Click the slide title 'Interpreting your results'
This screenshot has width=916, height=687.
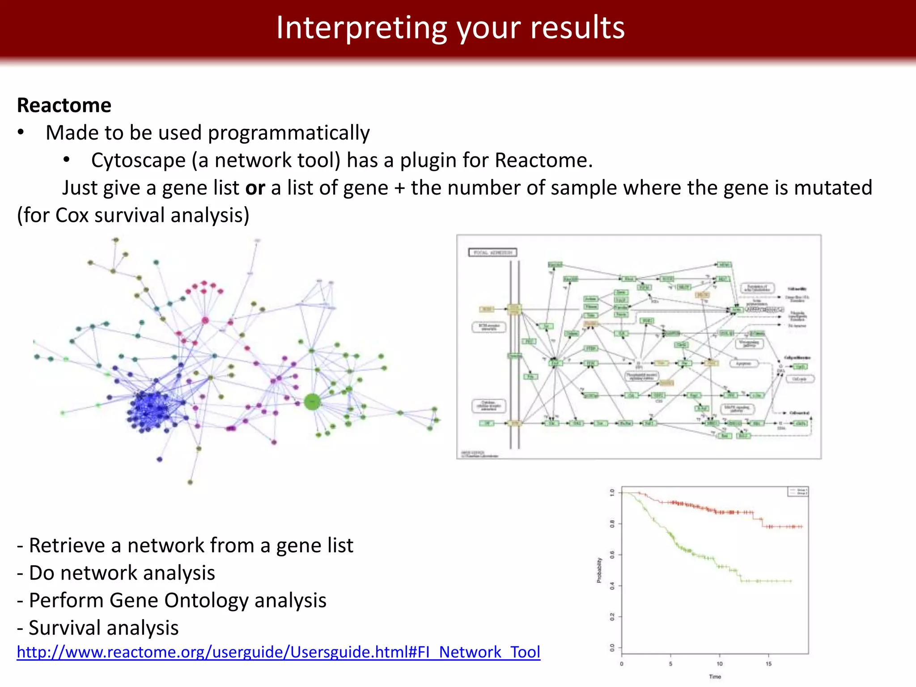point(450,28)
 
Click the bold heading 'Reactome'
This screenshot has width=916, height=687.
point(64,106)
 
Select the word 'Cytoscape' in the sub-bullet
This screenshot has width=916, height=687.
point(138,161)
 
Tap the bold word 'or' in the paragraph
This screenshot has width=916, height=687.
point(255,188)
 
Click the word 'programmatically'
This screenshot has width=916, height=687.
point(288,133)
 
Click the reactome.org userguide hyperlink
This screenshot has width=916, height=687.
point(278,652)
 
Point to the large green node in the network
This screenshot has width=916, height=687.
point(312,402)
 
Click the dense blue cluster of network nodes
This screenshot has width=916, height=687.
point(150,406)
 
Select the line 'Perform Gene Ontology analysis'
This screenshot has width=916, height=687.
point(172,600)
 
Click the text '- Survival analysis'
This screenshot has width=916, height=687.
point(98,628)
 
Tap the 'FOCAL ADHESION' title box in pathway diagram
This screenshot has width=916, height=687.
point(492,253)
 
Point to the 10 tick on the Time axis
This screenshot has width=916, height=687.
point(719,664)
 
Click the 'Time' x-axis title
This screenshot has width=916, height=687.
point(715,677)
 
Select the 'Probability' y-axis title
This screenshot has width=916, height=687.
point(599,570)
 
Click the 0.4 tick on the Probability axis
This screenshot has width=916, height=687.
point(612,586)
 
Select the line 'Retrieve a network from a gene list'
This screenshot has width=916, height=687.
point(185,546)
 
